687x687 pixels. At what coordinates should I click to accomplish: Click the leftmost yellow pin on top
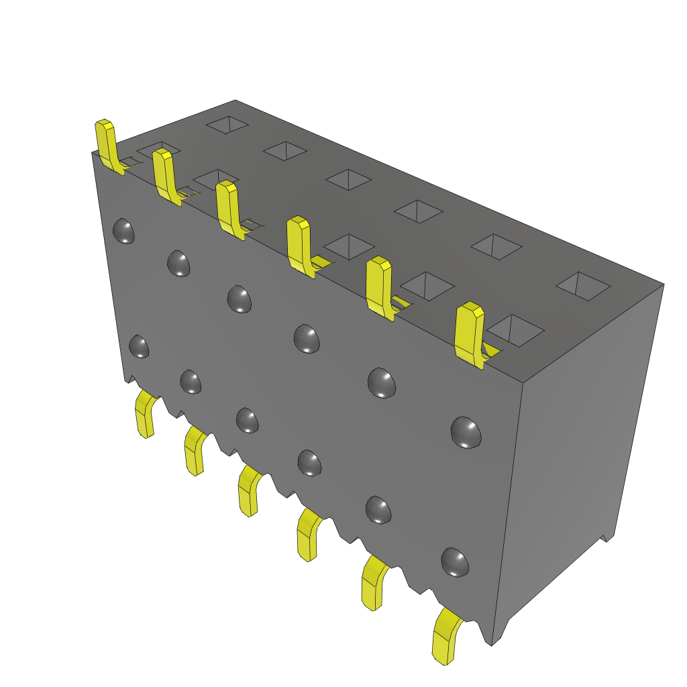coord(107,144)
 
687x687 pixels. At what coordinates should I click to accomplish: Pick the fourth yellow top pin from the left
coord(299,245)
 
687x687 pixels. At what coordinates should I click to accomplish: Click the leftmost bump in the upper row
coord(123,231)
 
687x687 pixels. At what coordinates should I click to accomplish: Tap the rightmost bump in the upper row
coord(466,432)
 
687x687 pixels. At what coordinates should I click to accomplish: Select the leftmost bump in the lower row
coord(139,346)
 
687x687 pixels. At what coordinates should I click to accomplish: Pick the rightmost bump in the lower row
coord(455,562)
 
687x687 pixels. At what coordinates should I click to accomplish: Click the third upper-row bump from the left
coord(240,299)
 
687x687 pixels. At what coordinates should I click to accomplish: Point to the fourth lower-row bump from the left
coord(309,462)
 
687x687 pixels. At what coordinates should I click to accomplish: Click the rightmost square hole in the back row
coord(583,286)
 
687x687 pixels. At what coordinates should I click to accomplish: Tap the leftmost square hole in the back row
coord(227,124)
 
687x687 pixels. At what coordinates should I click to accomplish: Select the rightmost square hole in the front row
coord(515,330)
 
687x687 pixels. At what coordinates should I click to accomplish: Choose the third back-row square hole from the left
coord(348,179)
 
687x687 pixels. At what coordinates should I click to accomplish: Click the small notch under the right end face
coord(607,537)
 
